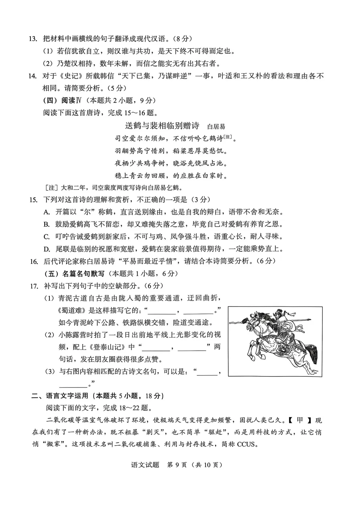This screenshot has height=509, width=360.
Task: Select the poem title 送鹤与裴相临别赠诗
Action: [162, 126]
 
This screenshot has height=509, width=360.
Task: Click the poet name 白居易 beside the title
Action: [216, 127]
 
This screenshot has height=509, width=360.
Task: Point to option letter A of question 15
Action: [46, 212]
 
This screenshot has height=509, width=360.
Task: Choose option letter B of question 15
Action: [46, 225]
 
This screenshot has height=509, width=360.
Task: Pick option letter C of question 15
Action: [46, 237]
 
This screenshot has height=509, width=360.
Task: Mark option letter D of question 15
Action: [46, 249]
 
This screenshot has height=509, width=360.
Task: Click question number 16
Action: [34, 261]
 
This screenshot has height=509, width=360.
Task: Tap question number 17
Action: [34, 286]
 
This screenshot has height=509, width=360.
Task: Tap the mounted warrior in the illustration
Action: [278, 319]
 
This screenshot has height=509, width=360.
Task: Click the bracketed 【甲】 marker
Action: [300, 420]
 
